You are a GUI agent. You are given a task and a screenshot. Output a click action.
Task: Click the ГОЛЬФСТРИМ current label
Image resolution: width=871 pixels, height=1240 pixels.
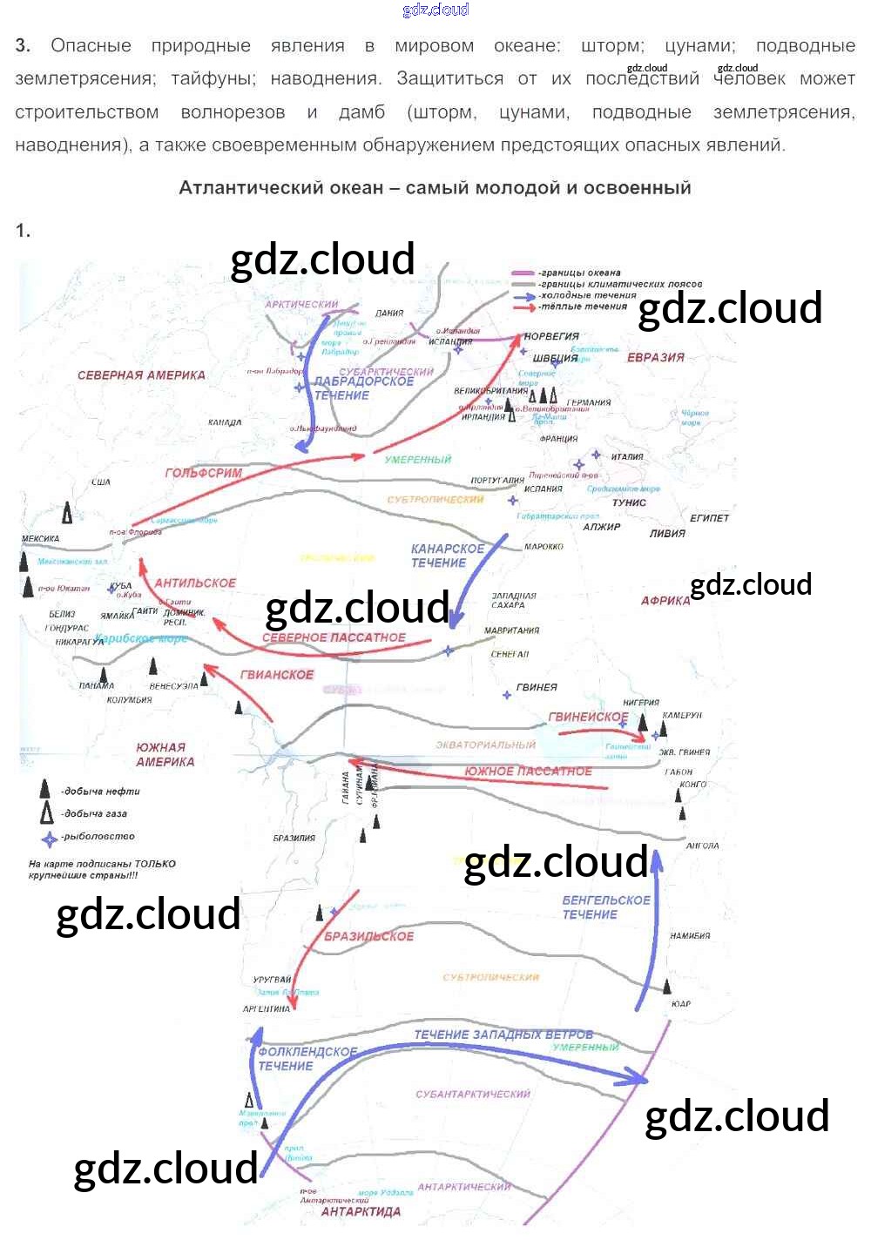(204, 473)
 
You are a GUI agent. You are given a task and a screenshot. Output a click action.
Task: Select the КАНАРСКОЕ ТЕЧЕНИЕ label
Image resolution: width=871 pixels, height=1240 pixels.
(447, 556)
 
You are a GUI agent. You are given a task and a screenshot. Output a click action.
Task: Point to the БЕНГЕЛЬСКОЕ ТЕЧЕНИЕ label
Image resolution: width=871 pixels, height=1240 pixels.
(605, 907)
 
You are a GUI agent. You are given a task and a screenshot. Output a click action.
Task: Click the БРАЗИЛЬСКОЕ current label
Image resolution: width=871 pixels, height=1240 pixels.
(368, 936)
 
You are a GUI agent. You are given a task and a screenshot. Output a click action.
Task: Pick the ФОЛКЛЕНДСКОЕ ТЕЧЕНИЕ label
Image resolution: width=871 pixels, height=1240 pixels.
(306, 1058)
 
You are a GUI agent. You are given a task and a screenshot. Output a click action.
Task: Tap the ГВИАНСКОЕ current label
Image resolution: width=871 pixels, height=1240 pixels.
(277, 674)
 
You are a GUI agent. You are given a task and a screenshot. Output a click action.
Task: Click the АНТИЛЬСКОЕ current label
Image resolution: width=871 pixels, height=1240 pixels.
(195, 583)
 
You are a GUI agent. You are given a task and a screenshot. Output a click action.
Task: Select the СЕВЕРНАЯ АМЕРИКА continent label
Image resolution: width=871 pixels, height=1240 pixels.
(141, 375)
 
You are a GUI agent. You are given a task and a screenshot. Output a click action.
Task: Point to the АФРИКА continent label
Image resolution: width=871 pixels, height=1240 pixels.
(665, 600)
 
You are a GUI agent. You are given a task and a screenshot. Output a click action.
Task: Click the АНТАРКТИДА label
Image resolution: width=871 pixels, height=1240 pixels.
(361, 1211)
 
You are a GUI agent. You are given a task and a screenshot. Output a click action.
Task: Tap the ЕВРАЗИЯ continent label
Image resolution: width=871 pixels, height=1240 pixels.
(655, 357)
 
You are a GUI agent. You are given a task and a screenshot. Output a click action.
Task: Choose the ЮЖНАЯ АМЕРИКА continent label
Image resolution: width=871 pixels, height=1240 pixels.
(165, 754)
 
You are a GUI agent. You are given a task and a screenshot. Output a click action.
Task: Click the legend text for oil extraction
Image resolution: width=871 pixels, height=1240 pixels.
(101, 792)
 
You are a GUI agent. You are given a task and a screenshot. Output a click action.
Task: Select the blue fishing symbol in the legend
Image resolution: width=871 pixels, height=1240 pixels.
(50, 839)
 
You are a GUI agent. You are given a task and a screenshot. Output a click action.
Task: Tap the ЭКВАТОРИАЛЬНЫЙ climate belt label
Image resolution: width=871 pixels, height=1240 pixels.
(485, 745)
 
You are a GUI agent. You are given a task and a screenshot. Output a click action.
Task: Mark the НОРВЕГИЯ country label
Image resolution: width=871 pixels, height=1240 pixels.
(551, 336)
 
